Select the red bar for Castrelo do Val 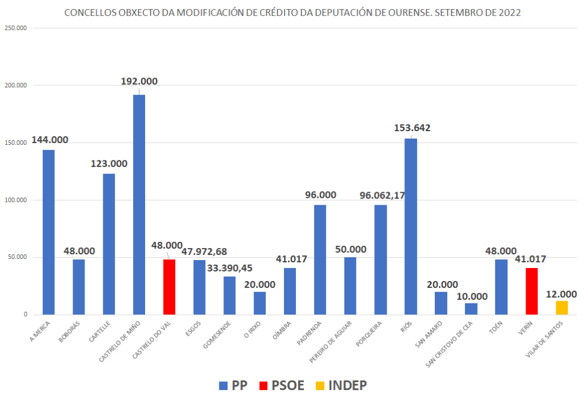[169, 287]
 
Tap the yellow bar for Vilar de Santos [562, 307]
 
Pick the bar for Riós [411, 226]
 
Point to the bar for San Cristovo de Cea [471, 308]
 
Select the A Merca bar [49, 232]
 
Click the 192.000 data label [139, 82]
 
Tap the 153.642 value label [412, 128]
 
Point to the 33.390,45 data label [230, 267]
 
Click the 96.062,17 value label [382, 195]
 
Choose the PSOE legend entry [283, 385]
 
